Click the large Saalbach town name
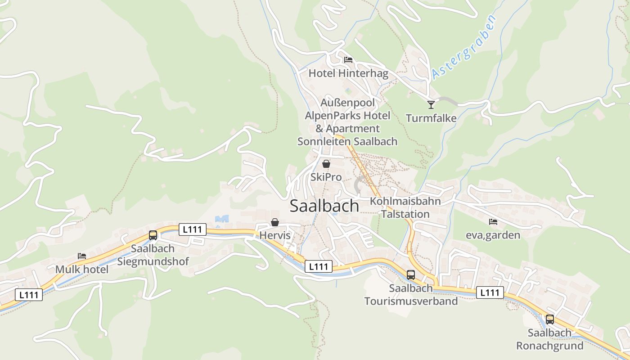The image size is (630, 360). pos(324,206)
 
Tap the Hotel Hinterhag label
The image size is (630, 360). pos(348,73)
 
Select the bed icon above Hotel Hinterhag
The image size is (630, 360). pos(348,59)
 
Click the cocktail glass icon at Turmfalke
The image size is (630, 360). pos(431,104)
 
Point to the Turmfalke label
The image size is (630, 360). pos(431,118)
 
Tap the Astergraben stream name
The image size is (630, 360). pos(463,47)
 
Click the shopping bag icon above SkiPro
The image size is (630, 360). pos(326,164)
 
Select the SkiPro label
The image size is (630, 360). pos(326,177)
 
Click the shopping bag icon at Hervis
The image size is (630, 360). pos(275,222)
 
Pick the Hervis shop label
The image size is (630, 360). pos(275,235)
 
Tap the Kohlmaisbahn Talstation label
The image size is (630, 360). pos(405,207)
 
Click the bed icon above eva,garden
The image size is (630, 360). pos(493,222)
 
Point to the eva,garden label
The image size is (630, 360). pos(493,235)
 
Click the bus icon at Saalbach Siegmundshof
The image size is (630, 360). pos(153,235)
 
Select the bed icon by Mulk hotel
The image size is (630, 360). pos(82,256)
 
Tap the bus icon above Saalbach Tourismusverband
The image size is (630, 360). pos(411,274)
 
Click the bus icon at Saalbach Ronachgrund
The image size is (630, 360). pos(550,319)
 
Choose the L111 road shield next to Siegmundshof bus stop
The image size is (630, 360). pos(193,229)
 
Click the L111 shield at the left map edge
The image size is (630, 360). pos(29,295)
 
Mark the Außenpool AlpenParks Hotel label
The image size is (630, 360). pos(347,122)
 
